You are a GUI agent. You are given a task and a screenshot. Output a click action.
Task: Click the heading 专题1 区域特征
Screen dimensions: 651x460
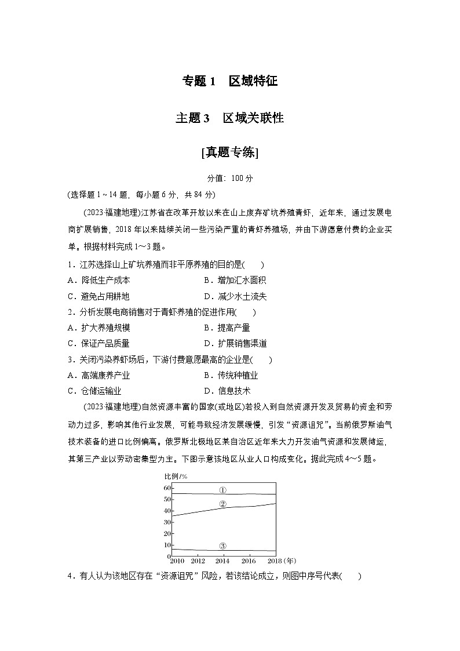click(230, 82)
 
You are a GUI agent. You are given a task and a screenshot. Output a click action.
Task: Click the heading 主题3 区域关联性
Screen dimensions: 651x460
click(230, 118)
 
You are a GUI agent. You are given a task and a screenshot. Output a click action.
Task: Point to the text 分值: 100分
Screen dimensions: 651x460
click(230, 179)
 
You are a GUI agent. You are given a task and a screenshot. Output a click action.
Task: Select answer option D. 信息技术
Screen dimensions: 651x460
click(227, 391)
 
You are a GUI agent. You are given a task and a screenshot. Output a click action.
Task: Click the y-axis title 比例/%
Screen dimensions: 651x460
click(176, 477)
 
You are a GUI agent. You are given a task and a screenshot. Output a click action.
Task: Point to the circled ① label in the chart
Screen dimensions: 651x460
click(223, 490)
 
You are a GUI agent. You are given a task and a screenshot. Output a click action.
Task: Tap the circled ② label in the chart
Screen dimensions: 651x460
click(223, 504)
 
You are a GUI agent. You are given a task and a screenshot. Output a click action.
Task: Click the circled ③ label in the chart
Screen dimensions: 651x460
click(223, 546)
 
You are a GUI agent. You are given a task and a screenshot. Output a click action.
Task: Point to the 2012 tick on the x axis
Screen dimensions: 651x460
click(198, 561)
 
